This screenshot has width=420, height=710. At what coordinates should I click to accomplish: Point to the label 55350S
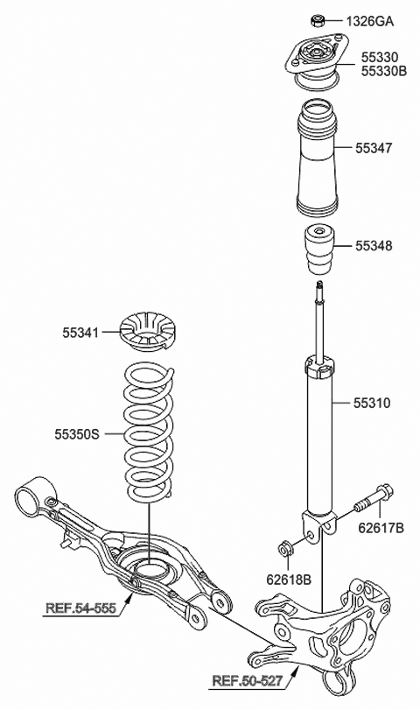click(x=77, y=432)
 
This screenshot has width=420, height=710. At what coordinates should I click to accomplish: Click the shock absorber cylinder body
click(x=319, y=438)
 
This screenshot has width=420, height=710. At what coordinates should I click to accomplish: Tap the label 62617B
click(x=381, y=528)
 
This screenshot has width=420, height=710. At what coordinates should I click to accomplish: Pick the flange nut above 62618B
click(x=284, y=549)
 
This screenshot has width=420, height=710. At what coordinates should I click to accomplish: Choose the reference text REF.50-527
click(x=248, y=680)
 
